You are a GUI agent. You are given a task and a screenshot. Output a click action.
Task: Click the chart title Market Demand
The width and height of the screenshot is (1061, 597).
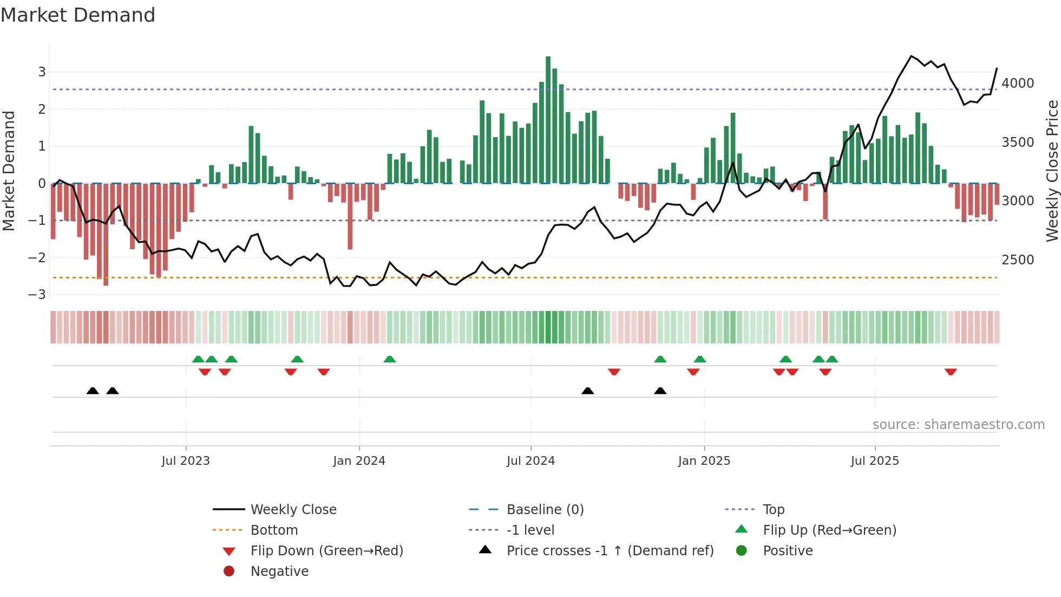pos(78,15)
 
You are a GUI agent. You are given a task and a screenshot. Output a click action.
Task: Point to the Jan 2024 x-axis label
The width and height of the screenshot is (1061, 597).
pos(359,461)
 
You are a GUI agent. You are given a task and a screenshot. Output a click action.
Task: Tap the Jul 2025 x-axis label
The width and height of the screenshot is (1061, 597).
pos(874,461)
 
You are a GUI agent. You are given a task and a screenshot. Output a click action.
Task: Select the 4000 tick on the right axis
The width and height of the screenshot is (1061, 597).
pos(1018,83)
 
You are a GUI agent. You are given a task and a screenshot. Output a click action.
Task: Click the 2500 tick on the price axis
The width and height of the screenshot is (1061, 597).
pos(1018,260)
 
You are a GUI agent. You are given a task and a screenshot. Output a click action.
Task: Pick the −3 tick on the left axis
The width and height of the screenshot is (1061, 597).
pos(37,295)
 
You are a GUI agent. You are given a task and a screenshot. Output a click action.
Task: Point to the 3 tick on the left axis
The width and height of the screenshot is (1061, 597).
pos(42,72)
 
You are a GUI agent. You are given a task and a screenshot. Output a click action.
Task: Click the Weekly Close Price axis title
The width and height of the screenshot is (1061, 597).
pos(1052,171)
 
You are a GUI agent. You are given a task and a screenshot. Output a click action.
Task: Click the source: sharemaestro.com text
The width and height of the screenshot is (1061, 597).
pos(958,425)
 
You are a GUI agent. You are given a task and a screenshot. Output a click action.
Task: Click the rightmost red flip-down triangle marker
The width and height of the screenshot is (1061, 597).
pos(951,372)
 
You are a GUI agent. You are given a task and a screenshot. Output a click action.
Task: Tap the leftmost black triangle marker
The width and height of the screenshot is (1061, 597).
pos(93,391)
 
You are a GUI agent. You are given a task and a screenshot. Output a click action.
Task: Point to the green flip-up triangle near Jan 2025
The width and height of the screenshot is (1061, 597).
pos(700,359)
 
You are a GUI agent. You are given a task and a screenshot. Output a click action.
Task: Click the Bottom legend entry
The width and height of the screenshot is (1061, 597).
pos(274,530)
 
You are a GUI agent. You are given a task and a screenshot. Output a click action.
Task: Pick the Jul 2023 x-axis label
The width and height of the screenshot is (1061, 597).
pos(186,461)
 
